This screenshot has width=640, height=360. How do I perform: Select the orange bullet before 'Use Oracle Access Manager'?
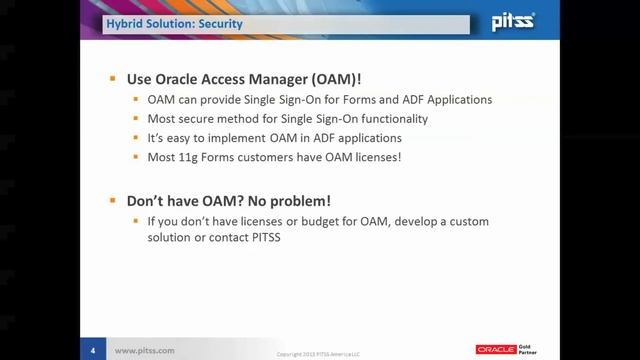click(114, 79)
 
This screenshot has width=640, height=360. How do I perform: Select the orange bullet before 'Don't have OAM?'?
click(114, 199)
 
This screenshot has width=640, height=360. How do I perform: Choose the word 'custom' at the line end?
click(466, 219)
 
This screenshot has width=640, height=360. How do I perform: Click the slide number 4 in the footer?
click(93, 350)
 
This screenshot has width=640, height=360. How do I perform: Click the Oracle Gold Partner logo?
click(508, 349)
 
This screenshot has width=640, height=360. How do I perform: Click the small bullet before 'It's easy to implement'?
click(138, 138)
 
